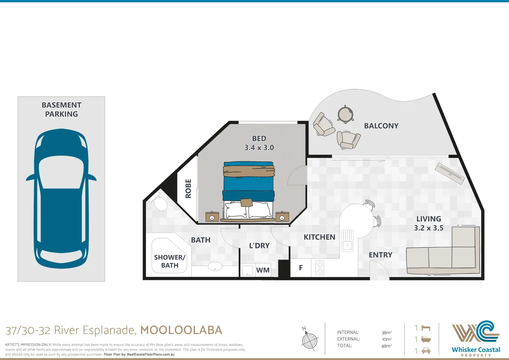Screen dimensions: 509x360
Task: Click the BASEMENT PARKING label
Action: (x=61, y=109)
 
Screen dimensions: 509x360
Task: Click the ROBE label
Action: (x=188, y=188)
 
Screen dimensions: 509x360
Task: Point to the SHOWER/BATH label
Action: (x=169, y=261)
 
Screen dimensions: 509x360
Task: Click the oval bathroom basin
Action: (x=215, y=266)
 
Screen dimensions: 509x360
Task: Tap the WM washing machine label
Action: (x=263, y=270)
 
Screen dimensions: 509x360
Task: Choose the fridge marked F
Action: (x=301, y=268)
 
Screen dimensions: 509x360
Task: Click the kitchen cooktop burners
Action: (x=320, y=268)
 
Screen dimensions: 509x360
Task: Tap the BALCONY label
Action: (x=381, y=126)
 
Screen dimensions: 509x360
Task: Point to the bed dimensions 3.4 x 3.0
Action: (x=259, y=148)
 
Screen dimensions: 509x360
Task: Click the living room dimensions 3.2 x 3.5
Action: (x=428, y=228)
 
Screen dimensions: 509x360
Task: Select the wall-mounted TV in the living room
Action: (x=450, y=173)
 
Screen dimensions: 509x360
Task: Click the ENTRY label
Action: (x=380, y=255)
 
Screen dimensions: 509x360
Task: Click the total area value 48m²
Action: (x=386, y=346)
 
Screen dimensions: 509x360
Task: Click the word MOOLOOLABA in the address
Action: (x=181, y=330)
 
